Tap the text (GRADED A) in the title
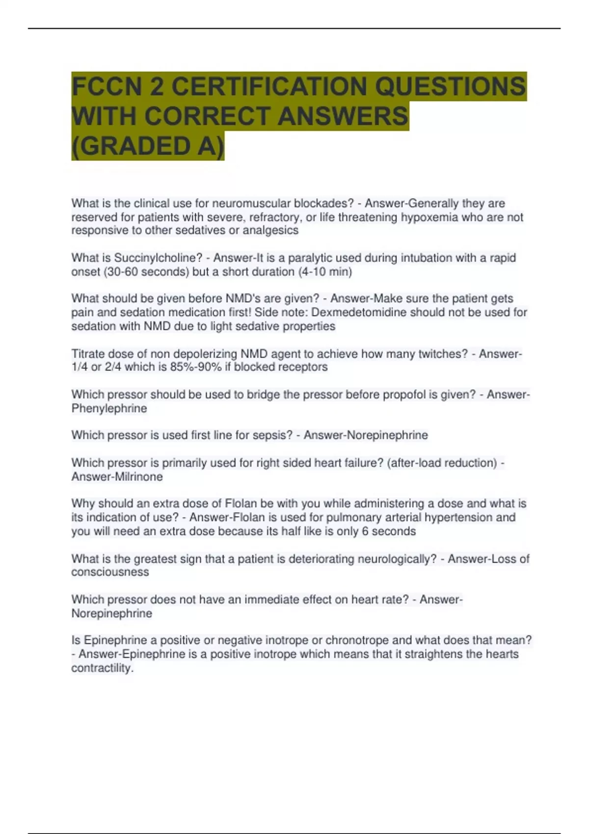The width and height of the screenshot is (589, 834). (x=148, y=146)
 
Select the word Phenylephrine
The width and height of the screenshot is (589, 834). (x=109, y=409)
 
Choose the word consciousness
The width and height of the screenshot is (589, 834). (x=110, y=572)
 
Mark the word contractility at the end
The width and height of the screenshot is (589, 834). (x=102, y=668)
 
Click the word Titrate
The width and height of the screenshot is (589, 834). (x=88, y=354)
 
